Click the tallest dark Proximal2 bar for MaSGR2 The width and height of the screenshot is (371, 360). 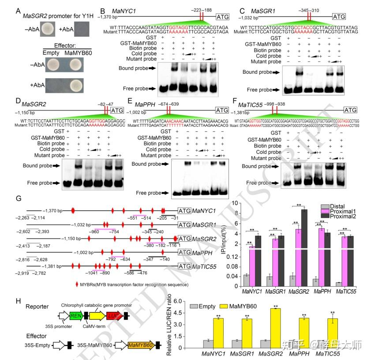(x=304, y=228)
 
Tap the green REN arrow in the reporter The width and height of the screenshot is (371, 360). (x=76, y=315)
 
